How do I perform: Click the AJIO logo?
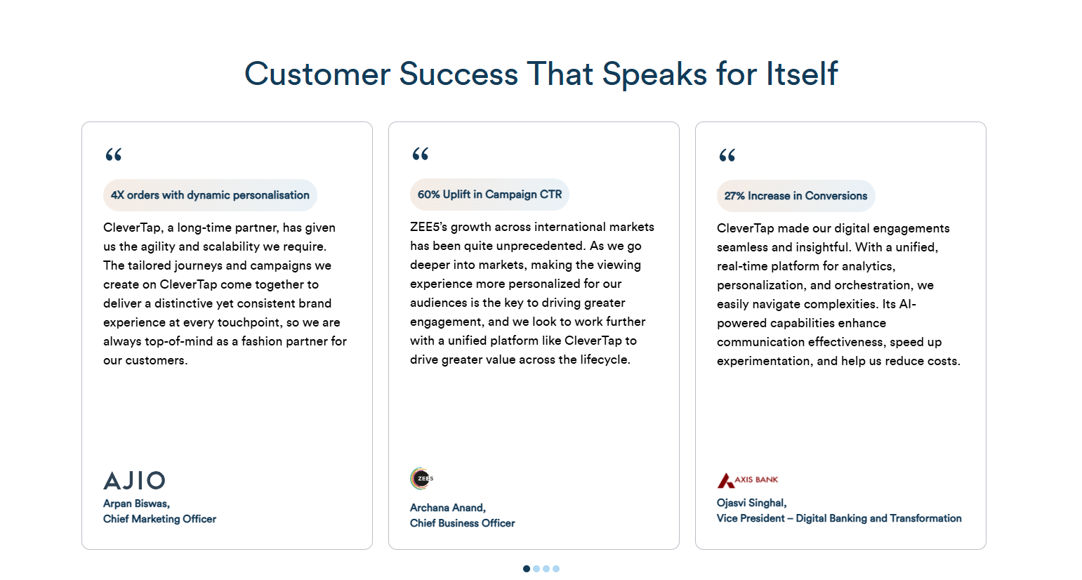(x=134, y=481)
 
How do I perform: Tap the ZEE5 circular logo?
(x=421, y=478)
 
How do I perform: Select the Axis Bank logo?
(x=747, y=480)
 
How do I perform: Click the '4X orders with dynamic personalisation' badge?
(x=210, y=195)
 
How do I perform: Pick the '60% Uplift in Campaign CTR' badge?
(x=489, y=195)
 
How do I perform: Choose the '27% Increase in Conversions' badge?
(x=796, y=196)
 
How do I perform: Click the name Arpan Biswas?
(x=136, y=503)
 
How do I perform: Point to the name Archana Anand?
(x=447, y=508)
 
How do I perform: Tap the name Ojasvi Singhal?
(x=751, y=503)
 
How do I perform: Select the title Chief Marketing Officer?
(x=159, y=519)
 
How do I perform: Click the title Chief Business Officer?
(x=462, y=523)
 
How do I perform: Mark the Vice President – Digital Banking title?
(x=839, y=518)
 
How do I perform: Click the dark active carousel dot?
(x=527, y=569)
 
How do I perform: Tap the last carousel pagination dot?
(x=556, y=569)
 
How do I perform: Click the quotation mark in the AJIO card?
(x=113, y=154)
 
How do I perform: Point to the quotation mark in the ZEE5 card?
(x=420, y=154)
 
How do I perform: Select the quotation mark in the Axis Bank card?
(x=727, y=155)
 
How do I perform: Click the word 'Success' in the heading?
(x=458, y=74)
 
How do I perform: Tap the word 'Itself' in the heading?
(x=802, y=74)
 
